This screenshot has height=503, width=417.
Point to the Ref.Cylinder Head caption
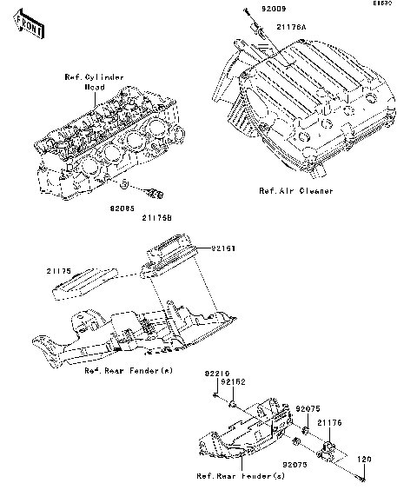pyautogui.click(x=94, y=82)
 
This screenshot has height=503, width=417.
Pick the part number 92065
pyautogui.click(x=124, y=208)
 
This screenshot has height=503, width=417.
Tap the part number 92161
pyautogui.click(x=222, y=248)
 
